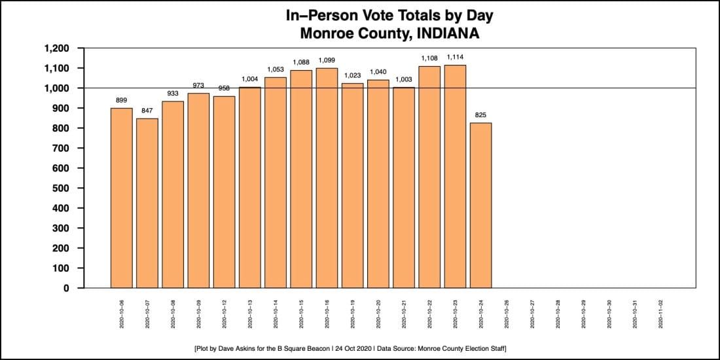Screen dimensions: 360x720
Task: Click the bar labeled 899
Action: (122, 198)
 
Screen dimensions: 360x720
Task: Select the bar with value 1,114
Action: (456, 176)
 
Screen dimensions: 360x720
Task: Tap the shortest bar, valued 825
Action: (481, 205)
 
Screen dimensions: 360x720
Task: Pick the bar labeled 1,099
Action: (327, 177)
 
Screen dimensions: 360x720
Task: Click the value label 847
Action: (147, 111)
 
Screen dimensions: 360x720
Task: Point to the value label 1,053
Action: (276, 69)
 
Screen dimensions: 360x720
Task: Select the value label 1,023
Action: (353, 75)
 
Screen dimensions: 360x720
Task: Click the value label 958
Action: (224, 88)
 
